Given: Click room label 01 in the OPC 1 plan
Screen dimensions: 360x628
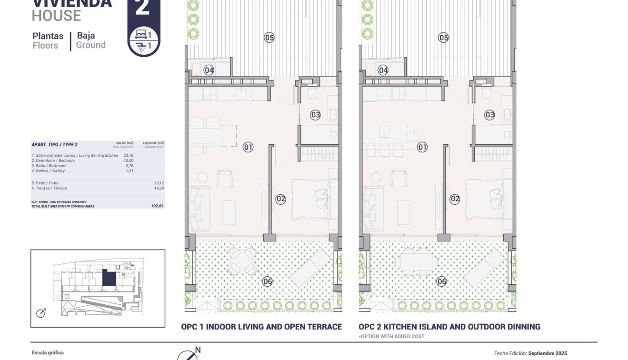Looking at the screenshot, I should [x=248, y=147].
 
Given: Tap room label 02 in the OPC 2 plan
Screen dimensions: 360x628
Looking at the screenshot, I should [x=455, y=199].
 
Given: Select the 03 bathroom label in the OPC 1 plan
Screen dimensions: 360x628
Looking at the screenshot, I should [x=315, y=115].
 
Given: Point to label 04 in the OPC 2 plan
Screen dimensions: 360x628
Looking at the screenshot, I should [x=383, y=70].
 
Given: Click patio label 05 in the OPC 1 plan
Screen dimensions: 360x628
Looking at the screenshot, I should [x=269, y=37].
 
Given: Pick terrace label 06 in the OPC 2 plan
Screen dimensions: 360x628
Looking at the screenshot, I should [x=442, y=281].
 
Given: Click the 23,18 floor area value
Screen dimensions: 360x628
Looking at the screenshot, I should [x=128, y=155].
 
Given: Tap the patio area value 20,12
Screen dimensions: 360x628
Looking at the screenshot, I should [x=158, y=183].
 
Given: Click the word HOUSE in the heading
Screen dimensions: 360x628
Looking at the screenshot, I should [x=56, y=16].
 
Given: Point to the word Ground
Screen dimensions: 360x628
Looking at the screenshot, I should [x=91, y=45].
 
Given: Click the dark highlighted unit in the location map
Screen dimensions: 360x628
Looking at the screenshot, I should [x=109, y=278].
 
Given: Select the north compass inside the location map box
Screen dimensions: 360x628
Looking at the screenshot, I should [x=41, y=313].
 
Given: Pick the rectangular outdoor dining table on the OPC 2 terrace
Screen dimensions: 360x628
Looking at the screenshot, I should [x=414, y=261].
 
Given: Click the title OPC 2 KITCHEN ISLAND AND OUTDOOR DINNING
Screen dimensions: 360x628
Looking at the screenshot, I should [x=449, y=327].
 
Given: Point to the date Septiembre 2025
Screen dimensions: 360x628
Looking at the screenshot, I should [x=548, y=353].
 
